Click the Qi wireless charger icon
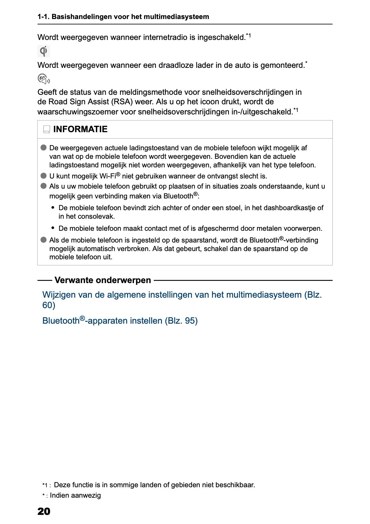pyautogui.click(x=44, y=51)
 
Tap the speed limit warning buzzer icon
pyautogui.click(x=44, y=79)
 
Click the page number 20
pyautogui.click(x=44, y=511)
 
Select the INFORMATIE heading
pyautogui.click(x=80, y=129)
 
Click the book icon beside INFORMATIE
pyautogui.click(x=47, y=129)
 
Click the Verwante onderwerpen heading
pyautogui.click(x=103, y=280)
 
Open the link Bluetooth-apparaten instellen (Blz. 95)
pyautogui.click(x=120, y=320)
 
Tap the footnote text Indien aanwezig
pyautogui.click(x=75, y=495)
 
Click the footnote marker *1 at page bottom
pyautogui.click(x=46, y=485)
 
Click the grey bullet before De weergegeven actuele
pyautogui.click(x=44, y=148)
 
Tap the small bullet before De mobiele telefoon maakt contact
pyautogui.click(x=53, y=228)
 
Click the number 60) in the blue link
pyautogui.click(x=49, y=305)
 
